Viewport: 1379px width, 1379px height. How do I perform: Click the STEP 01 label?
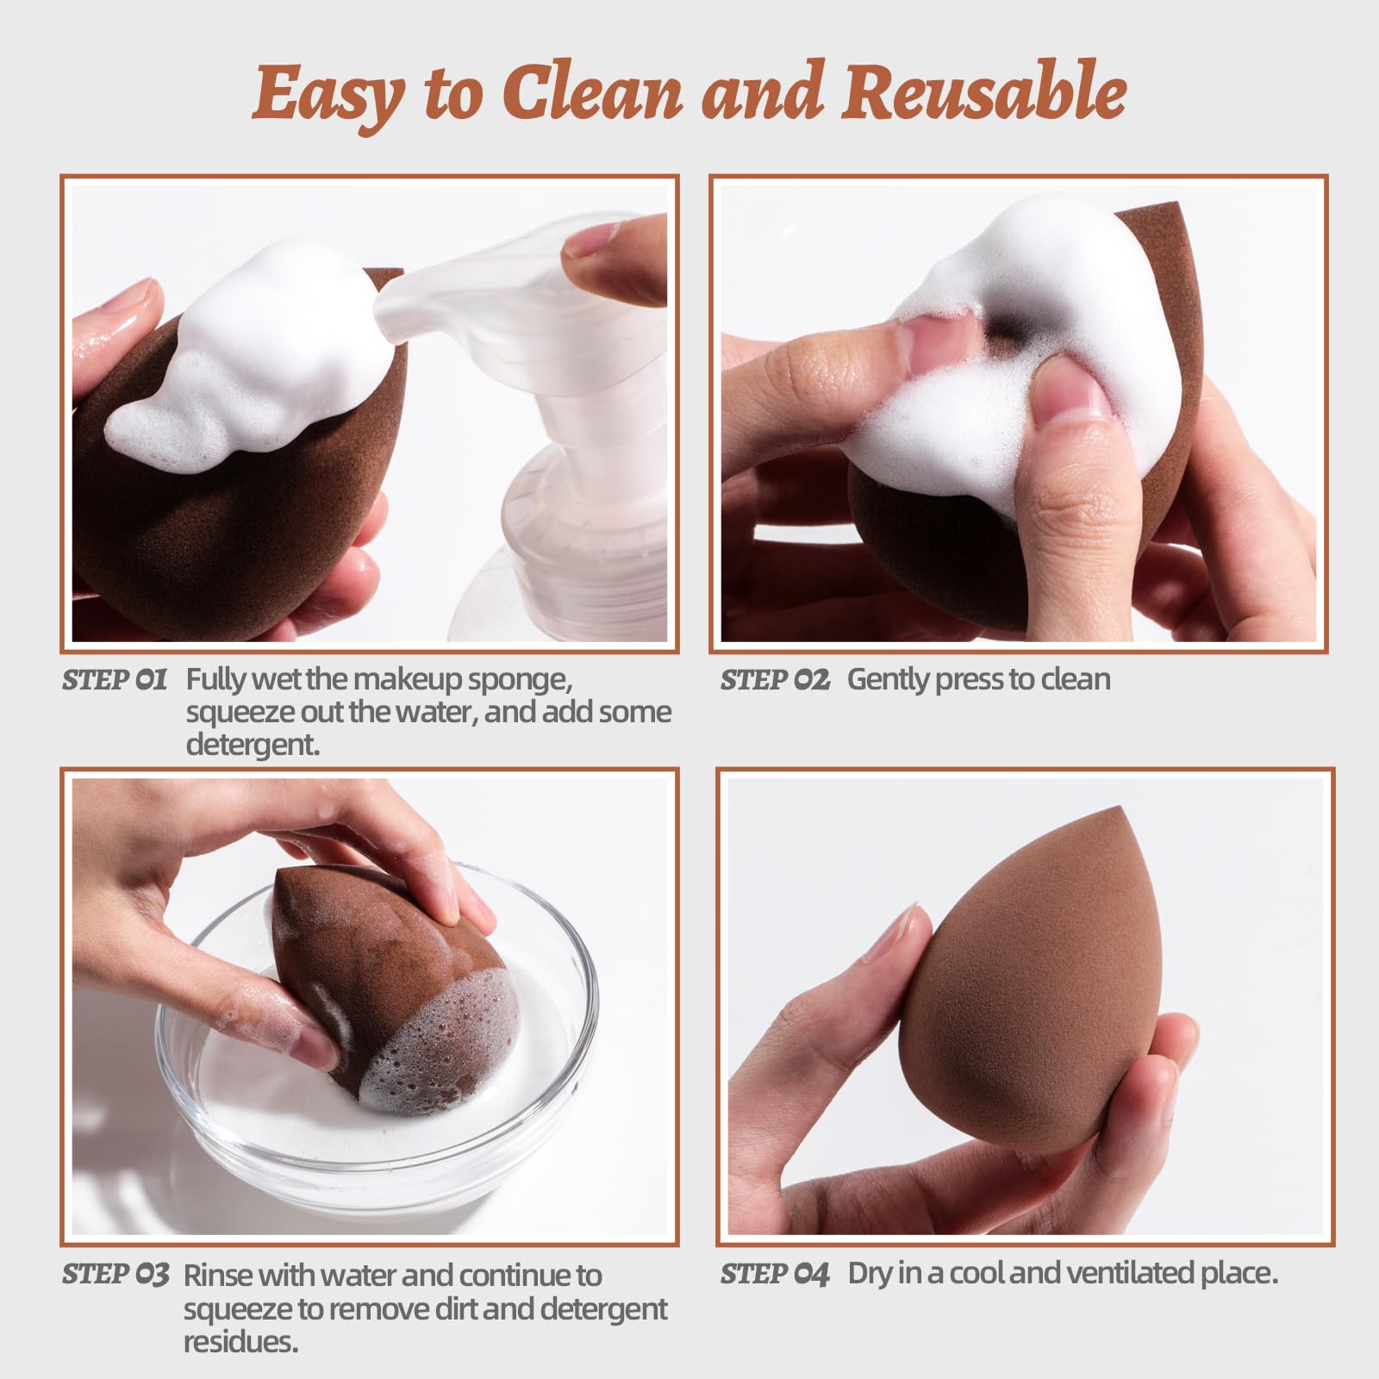tap(114, 679)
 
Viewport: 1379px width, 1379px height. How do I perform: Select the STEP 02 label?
tap(774, 679)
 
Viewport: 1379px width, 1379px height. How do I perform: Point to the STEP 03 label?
tap(115, 1275)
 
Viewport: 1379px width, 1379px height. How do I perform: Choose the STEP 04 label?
tap(774, 1274)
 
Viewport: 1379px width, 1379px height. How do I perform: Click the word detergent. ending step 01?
tap(253, 745)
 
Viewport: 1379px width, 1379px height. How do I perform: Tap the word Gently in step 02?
tap(888, 680)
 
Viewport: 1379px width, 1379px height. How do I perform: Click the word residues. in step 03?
tap(240, 1342)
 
